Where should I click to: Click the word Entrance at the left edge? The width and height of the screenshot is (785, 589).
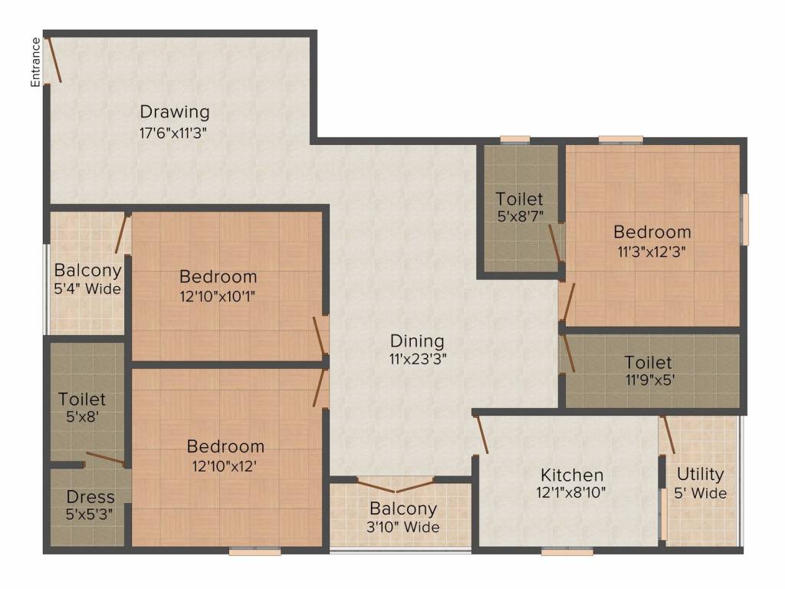tap(35, 61)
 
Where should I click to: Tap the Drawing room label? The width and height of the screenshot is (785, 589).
tap(174, 112)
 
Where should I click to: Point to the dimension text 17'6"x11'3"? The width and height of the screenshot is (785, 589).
tap(172, 133)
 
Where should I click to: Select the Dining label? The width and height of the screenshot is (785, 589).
tap(417, 341)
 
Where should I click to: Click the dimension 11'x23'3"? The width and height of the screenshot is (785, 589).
tap(418, 358)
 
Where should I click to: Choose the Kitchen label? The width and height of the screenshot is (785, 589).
tap(572, 475)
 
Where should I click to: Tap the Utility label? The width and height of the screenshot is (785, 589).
tap(701, 473)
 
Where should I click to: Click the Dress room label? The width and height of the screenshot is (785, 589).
tap(90, 496)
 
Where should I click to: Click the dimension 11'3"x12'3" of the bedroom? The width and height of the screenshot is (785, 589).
tap(652, 250)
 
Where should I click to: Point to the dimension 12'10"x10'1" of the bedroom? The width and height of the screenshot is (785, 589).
tap(218, 294)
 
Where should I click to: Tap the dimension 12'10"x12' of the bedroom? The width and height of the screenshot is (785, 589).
tap(225, 464)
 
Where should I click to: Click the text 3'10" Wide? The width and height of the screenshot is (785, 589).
tap(403, 528)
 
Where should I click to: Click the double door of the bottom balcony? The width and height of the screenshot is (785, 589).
tap(396, 485)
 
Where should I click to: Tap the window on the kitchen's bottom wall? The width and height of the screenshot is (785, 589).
tap(567, 551)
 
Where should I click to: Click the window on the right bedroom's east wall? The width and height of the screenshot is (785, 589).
tap(744, 219)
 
